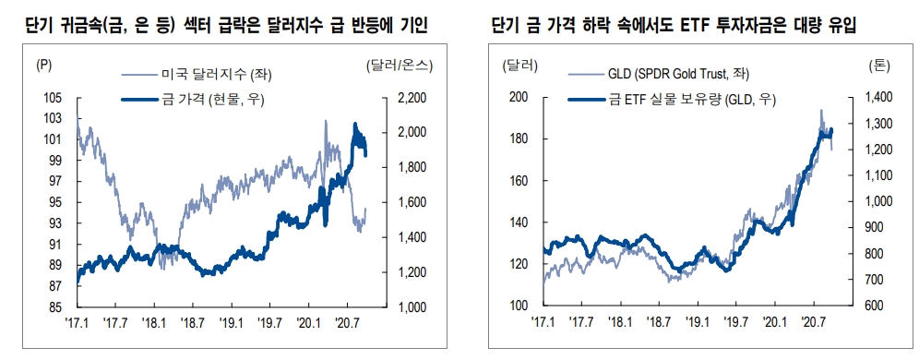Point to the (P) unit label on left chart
click(x=44, y=66)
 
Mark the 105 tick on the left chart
click(x=53, y=97)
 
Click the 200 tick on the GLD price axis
click(x=517, y=97)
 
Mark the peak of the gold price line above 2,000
click(x=355, y=124)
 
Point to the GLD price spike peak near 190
click(x=821, y=111)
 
